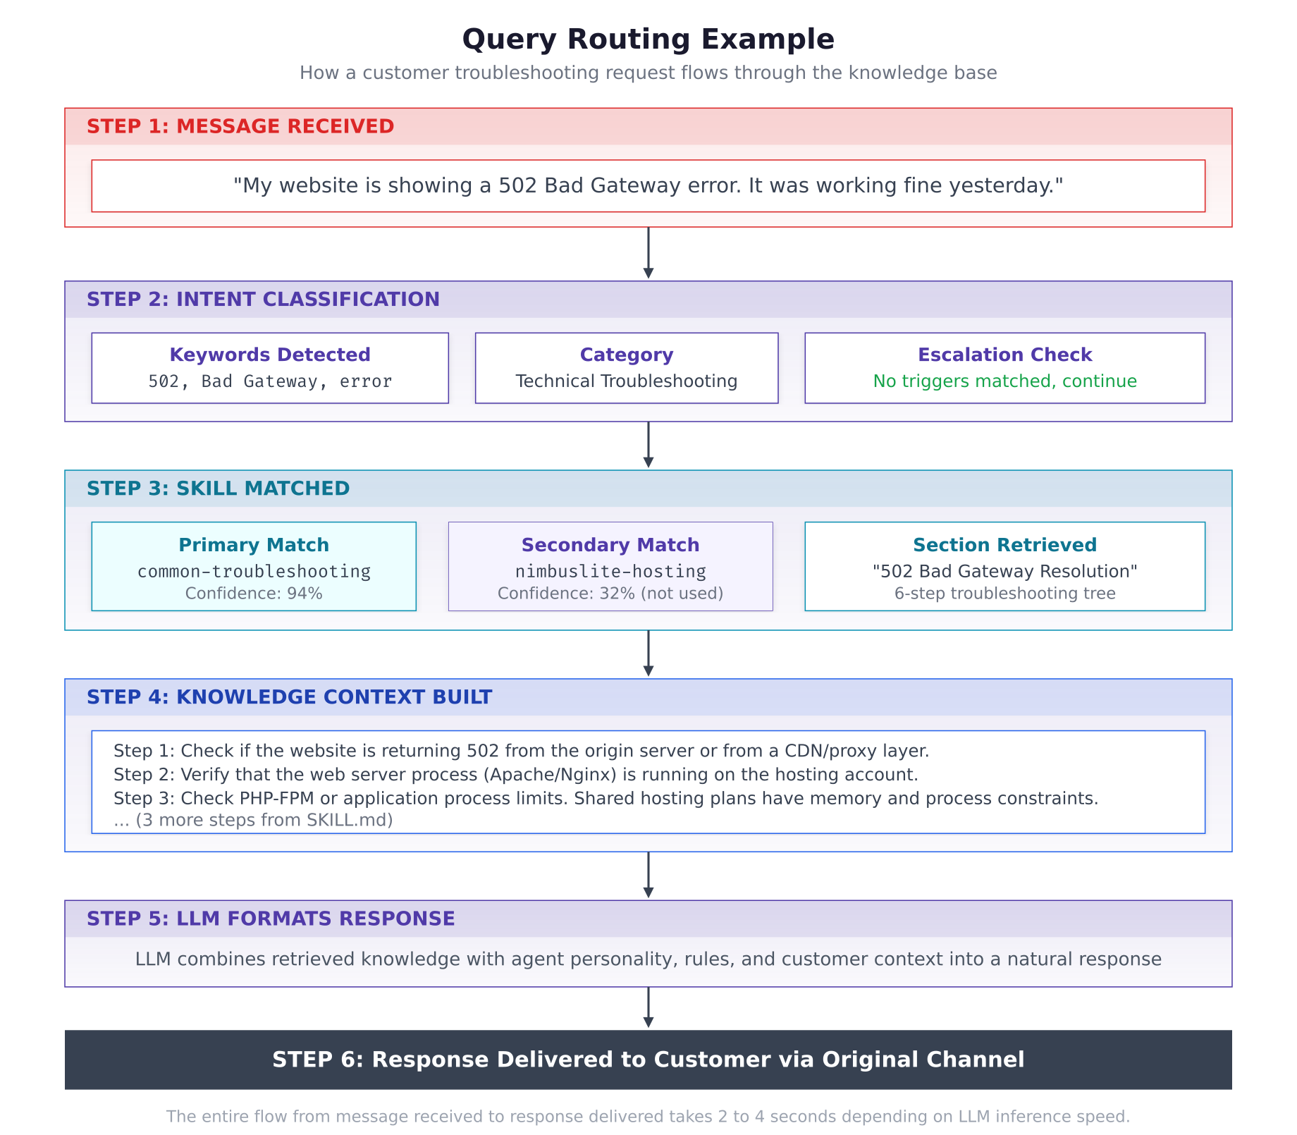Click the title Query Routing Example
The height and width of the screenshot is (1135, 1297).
(648, 39)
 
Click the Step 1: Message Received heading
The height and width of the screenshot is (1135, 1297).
(240, 127)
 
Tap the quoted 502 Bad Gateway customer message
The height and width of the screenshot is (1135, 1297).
(648, 186)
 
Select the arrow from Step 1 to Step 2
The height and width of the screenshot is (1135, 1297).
(648, 252)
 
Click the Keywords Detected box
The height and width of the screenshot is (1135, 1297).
(270, 368)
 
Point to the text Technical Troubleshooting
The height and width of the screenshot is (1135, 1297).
(626, 381)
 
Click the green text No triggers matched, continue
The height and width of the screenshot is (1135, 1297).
(1004, 381)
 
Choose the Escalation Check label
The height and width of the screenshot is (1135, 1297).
(1004, 355)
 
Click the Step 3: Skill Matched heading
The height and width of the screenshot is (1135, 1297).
(218, 489)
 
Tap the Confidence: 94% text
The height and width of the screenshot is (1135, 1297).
(254, 594)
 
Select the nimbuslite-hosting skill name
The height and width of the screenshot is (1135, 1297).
(610, 571)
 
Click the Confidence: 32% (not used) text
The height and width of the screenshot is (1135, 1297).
(610, 594)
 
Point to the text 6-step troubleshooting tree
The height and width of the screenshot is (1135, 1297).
(1004, 594)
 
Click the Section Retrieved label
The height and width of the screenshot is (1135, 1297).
(1004, 545)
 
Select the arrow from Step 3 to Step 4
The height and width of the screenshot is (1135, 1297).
(648, 654)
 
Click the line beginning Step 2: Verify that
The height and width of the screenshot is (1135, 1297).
(515, 775)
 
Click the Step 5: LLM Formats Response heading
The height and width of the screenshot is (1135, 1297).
(271, 919)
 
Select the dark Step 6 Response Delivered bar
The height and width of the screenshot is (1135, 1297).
(648, 1060)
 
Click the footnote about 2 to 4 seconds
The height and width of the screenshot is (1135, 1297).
(648, 1117)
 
